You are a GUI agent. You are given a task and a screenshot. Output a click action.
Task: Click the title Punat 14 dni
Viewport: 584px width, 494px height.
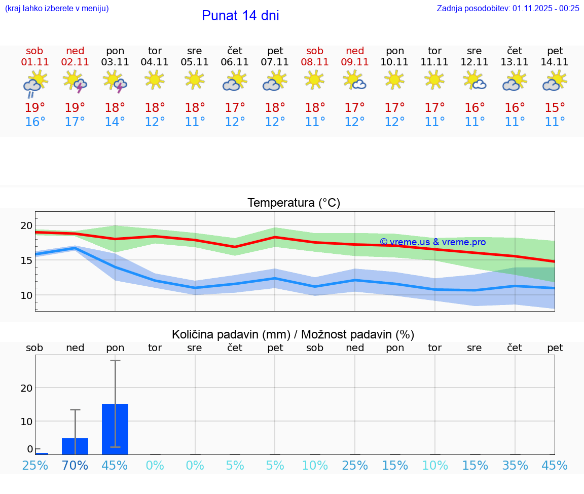tap(240, 16)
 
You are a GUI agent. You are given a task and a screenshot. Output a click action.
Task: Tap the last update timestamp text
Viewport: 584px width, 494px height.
tap(508, 8)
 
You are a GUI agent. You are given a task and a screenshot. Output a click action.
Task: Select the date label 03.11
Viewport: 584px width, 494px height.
tap(115, 62)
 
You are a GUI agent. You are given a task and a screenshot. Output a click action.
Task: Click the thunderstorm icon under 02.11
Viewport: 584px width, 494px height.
tap(75, 81)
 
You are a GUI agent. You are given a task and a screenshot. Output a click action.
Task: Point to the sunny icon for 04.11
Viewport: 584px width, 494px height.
tap(155, 80)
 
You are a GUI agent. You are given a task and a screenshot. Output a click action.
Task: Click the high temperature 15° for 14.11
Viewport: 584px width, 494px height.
tap(555, 107)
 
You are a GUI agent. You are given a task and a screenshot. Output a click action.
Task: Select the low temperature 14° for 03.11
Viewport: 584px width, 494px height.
tap(115, 122)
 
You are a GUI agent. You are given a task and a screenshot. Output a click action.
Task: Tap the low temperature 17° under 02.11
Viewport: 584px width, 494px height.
tap(75, 122)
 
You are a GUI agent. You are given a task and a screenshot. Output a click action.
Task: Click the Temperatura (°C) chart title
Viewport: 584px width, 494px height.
tap(294, 203)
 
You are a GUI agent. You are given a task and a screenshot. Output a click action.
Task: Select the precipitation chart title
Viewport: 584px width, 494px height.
tap(293, 334)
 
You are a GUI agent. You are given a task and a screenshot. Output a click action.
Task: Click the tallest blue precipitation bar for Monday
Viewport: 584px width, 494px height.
tap(115, 429)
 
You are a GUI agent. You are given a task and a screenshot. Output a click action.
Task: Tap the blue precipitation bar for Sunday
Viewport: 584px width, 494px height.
tap(75, 446)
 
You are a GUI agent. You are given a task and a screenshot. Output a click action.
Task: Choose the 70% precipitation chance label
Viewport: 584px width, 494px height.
tap(75, 465)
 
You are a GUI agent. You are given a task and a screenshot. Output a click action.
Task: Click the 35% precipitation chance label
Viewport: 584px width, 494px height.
tap(515, 465)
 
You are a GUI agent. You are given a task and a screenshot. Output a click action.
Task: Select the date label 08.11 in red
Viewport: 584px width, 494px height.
tap(315, 62)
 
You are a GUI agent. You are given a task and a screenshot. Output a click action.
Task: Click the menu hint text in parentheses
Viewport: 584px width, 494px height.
tap(57, 8)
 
